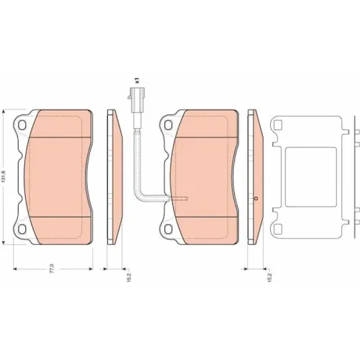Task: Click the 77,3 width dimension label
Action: [52, 269]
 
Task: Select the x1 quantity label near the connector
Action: [137, 81]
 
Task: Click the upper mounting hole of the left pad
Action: [22, 125]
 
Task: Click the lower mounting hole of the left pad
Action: [22, 229]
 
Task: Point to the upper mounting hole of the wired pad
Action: [168, 125]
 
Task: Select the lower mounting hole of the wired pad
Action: [168, 229]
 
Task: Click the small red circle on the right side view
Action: [256, 199]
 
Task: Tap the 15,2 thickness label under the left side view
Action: [129, 276]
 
